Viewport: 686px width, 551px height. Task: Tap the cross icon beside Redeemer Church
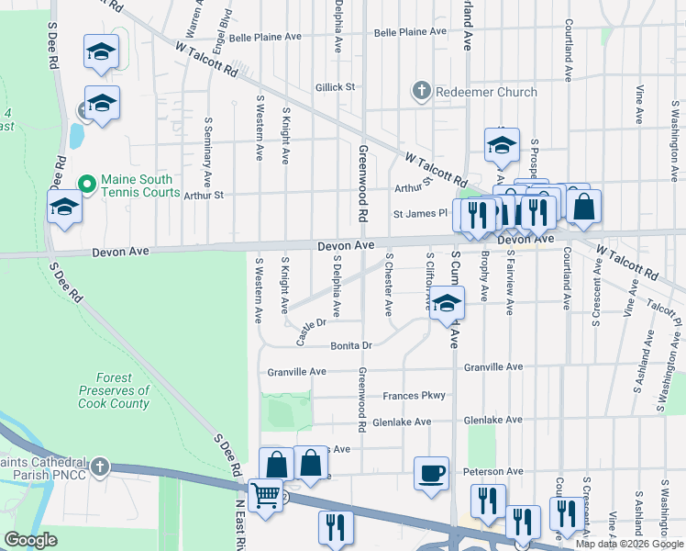pos(421,91)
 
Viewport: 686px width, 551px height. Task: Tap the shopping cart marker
pos(266,496)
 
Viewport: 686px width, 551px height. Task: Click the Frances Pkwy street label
pos(415,396)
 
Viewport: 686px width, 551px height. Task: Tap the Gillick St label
pos(335,87)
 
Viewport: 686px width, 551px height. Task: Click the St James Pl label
pos(420,214)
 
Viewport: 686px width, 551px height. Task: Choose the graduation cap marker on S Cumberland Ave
pos(446,304)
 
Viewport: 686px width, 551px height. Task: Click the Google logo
pos(30,540)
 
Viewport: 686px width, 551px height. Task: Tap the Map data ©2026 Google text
pos(628,544)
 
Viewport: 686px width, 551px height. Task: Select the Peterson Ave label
pos(493,471)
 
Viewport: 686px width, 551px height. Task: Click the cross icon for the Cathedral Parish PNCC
pos(98,467)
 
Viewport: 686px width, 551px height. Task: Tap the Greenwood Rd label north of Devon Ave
pos(362,184)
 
